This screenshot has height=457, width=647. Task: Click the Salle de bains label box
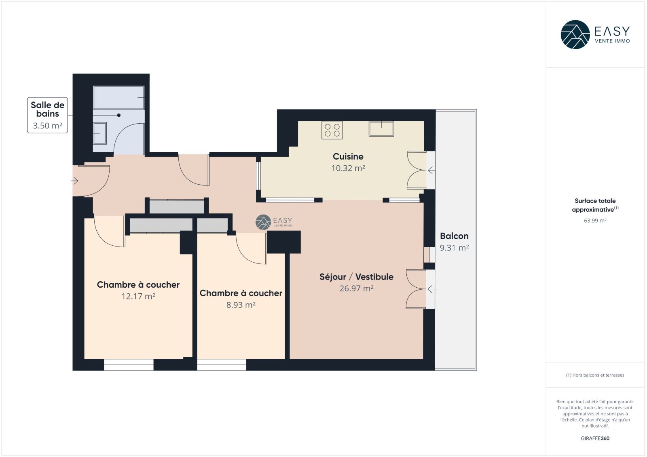(47, 115)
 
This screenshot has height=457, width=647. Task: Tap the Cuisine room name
(348, 156)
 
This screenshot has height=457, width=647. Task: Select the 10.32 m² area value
(348, 168)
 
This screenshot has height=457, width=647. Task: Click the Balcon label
(454, 236)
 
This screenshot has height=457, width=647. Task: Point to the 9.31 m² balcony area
(454, 248)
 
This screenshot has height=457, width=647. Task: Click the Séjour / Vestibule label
(356, 277)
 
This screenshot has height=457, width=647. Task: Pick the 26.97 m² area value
(356, 289)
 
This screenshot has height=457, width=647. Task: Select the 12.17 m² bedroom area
(138, 296)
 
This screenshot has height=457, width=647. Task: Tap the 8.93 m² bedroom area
(241, 305)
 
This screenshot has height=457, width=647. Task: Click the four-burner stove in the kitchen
(332, 130)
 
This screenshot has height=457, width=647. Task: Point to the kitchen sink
(381, 129)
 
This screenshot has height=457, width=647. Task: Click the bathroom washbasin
(100, 133)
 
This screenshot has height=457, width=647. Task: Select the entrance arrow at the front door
(74, 181)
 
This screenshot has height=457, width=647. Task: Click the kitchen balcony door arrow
(431, 171)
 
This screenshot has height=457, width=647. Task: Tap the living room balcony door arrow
(431, 289)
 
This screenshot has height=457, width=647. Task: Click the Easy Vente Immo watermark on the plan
(274, 222)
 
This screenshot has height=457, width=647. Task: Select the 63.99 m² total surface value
(595, 221)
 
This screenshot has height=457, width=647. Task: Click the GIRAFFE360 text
(595, 438)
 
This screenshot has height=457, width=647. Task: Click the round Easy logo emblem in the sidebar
(575, 35)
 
